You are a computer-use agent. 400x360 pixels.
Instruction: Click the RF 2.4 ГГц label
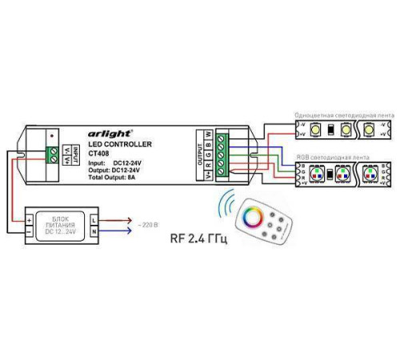click(x=199, y=238)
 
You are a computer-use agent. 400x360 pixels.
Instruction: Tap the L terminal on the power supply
click(x=95, y=218)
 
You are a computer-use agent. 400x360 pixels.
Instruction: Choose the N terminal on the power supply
click(x=95, y=231)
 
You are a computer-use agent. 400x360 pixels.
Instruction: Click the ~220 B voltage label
click(x=147, y=227)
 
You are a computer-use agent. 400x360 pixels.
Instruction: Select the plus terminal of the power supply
click(x=30, y=218)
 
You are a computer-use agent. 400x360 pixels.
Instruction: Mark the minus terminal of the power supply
click(x=30, y=231)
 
